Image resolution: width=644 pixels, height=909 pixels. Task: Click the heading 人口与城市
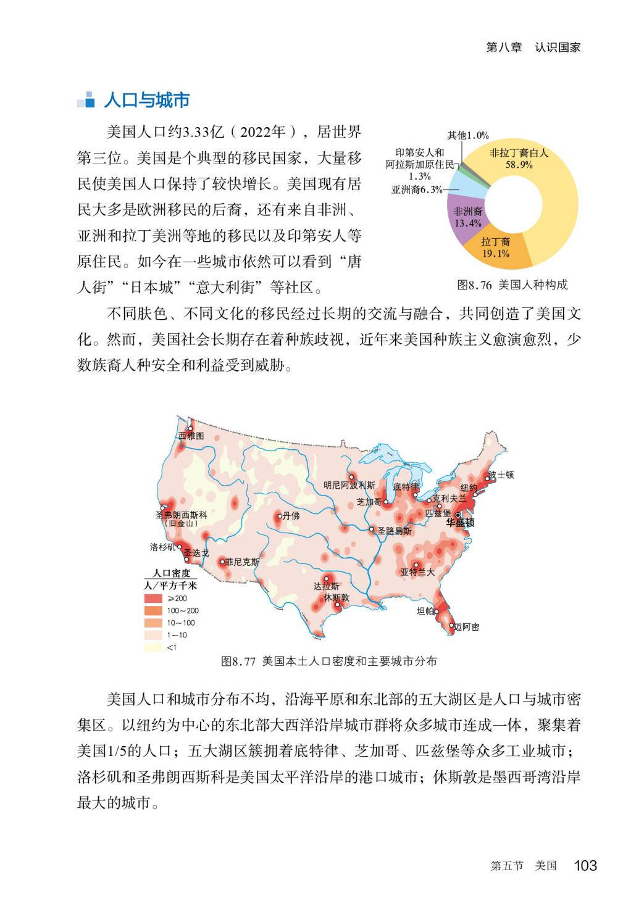pyautogui.click(x=146, y=100)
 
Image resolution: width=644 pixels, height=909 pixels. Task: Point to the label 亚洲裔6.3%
pyautogui.click(x=417, y=190)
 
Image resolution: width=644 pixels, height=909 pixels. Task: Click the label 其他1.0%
pyautogui.click(x=468, y=135)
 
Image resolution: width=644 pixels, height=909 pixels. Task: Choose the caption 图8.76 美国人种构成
pyautogui.click(x=512, y=285)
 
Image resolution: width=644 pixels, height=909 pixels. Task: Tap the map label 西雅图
pyautogui.click(x=191, y=436)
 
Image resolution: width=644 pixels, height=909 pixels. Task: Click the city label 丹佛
pyautogui.click(x=290, y=515)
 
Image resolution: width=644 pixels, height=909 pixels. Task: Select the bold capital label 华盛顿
pyautogui.click(x=461, y=523)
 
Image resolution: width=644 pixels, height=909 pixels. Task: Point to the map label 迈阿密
pyautogui.click(x=467, y=627)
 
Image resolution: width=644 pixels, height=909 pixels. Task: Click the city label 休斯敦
pyautogui.click(x=337, y=597)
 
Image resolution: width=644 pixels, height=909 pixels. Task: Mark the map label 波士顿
pyautogui.click(x=501, y=475)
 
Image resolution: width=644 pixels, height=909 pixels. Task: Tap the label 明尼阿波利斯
pyautogui.click(x=349, y=485)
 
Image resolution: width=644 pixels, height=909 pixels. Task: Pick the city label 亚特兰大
pyautogui.click(x=418, y=573)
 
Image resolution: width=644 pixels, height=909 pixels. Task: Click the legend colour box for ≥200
pyautogui.click(x=153, y=598)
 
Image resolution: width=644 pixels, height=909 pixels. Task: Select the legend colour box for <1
pyautogui.click(x=153, y=647)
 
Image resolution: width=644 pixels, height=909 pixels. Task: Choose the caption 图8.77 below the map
pyautogui.click(x=328, y=662)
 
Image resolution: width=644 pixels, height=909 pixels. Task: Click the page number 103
pyautogui.click(x=585, y=865)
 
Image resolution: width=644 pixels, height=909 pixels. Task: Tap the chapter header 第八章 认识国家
pyautogui.click(x=533, y=48)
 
